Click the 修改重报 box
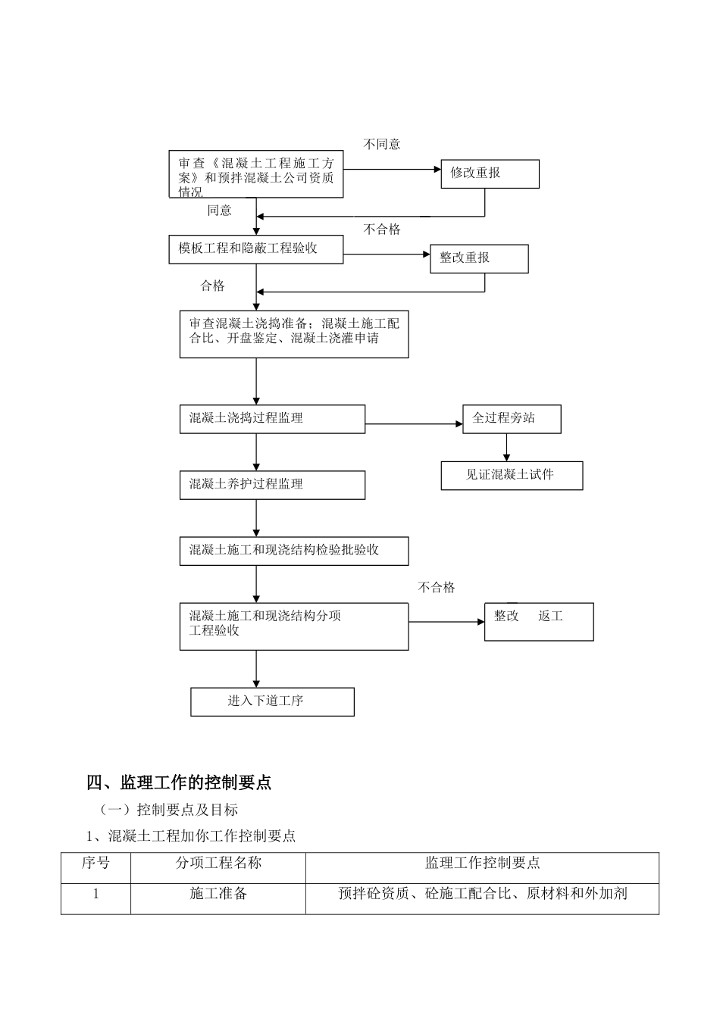tap(490, 173)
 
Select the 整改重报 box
tap(479, 258)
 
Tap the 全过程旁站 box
tap(512, 419)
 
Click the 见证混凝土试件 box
tap(512, 476)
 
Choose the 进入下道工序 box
tap(272, 701)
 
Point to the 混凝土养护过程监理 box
tap(272, 485)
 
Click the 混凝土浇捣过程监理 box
tap(272, 419)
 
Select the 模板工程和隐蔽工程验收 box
tap(255, 249)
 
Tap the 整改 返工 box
tap(539, 622)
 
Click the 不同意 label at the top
tap(382, 144)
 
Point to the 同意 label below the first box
tap(220, 211)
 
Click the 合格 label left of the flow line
tap(212, 286)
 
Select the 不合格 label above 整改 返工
tap(437, 587)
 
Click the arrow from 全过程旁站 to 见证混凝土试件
tap(507, 448)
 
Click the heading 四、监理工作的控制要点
tap(179, 782)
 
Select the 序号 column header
tap(95, 863)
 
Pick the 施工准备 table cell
tap(218, 894)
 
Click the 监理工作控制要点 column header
tap(482, 863)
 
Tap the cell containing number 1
tap(95, 894)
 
